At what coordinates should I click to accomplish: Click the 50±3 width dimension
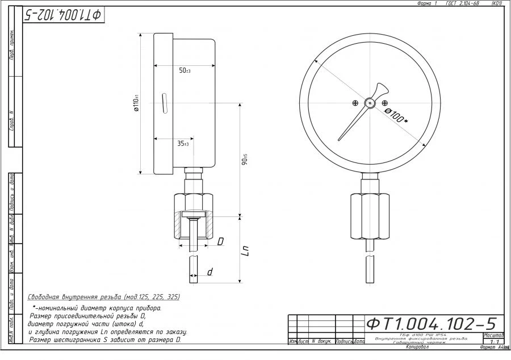[185, 70]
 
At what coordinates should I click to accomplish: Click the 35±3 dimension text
[183, 144]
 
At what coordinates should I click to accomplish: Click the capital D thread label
[221, 241]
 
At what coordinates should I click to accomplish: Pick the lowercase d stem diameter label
[210, 273]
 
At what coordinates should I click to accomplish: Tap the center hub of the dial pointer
[370, 103]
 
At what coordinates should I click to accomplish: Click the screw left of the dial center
[355, 103]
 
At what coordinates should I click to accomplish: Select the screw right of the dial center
[385, 103]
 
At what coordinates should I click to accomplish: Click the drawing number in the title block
[431, 324]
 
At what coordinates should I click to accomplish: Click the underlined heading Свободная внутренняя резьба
[104, 297]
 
